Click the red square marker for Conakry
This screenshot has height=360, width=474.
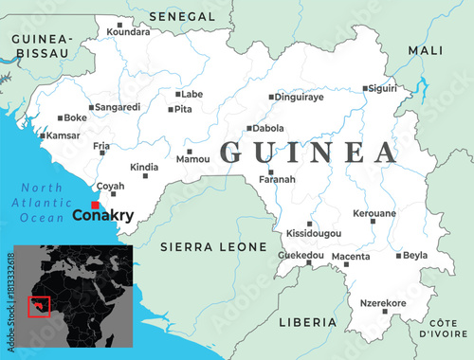95,205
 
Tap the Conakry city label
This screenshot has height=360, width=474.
102,217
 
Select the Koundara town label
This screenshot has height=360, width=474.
128,32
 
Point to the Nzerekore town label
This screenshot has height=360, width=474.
383,303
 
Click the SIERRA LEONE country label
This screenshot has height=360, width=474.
213,246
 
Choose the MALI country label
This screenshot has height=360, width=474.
425,49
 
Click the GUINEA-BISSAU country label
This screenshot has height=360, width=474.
40,45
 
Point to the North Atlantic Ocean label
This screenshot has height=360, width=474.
43,202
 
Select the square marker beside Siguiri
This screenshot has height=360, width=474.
366,88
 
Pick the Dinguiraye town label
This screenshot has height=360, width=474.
301,97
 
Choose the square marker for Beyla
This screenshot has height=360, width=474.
398,255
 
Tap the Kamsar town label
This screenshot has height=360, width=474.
63,135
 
